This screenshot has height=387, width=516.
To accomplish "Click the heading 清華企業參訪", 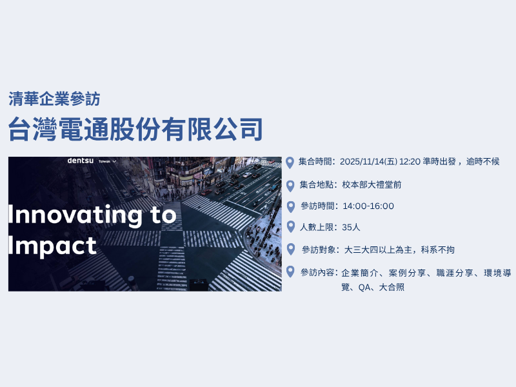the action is pyautogui.click(x=54, y=99).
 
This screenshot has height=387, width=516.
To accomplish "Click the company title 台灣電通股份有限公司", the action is pyautogui.click(x=135, y=129).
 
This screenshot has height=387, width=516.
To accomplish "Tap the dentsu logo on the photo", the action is pyautogui.click(x=80, y=161).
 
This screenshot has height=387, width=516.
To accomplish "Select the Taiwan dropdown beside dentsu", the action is pyautogui.click(x=107, y=161).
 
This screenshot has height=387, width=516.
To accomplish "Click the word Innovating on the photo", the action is pyautogui.click(x=75, y=215).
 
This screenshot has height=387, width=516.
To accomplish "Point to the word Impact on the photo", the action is pyautogui.click(x=52, y=246).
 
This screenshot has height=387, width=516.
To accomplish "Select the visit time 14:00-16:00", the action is pyautogui.click(x=368, y=206).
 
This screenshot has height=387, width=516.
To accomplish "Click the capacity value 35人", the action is pyautogui.click(x=351, y=228).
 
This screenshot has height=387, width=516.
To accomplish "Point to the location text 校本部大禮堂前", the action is pyautogui.click(x=372, y=184).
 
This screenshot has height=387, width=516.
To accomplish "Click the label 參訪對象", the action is pyautogui.click(x=319, y=250).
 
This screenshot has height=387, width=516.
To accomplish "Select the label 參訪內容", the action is pyautogui.click(x=317, y=272).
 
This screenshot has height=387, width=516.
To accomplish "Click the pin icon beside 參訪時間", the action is pyautogui.click(x=291, y=207).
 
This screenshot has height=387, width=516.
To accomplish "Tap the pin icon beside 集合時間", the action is pyautogui.click(x=290, y=163).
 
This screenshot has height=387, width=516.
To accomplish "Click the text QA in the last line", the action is pyautogui.click(x=364, y=288).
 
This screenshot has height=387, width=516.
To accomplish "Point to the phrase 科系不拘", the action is pyautogui.click(x=438, y=250).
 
